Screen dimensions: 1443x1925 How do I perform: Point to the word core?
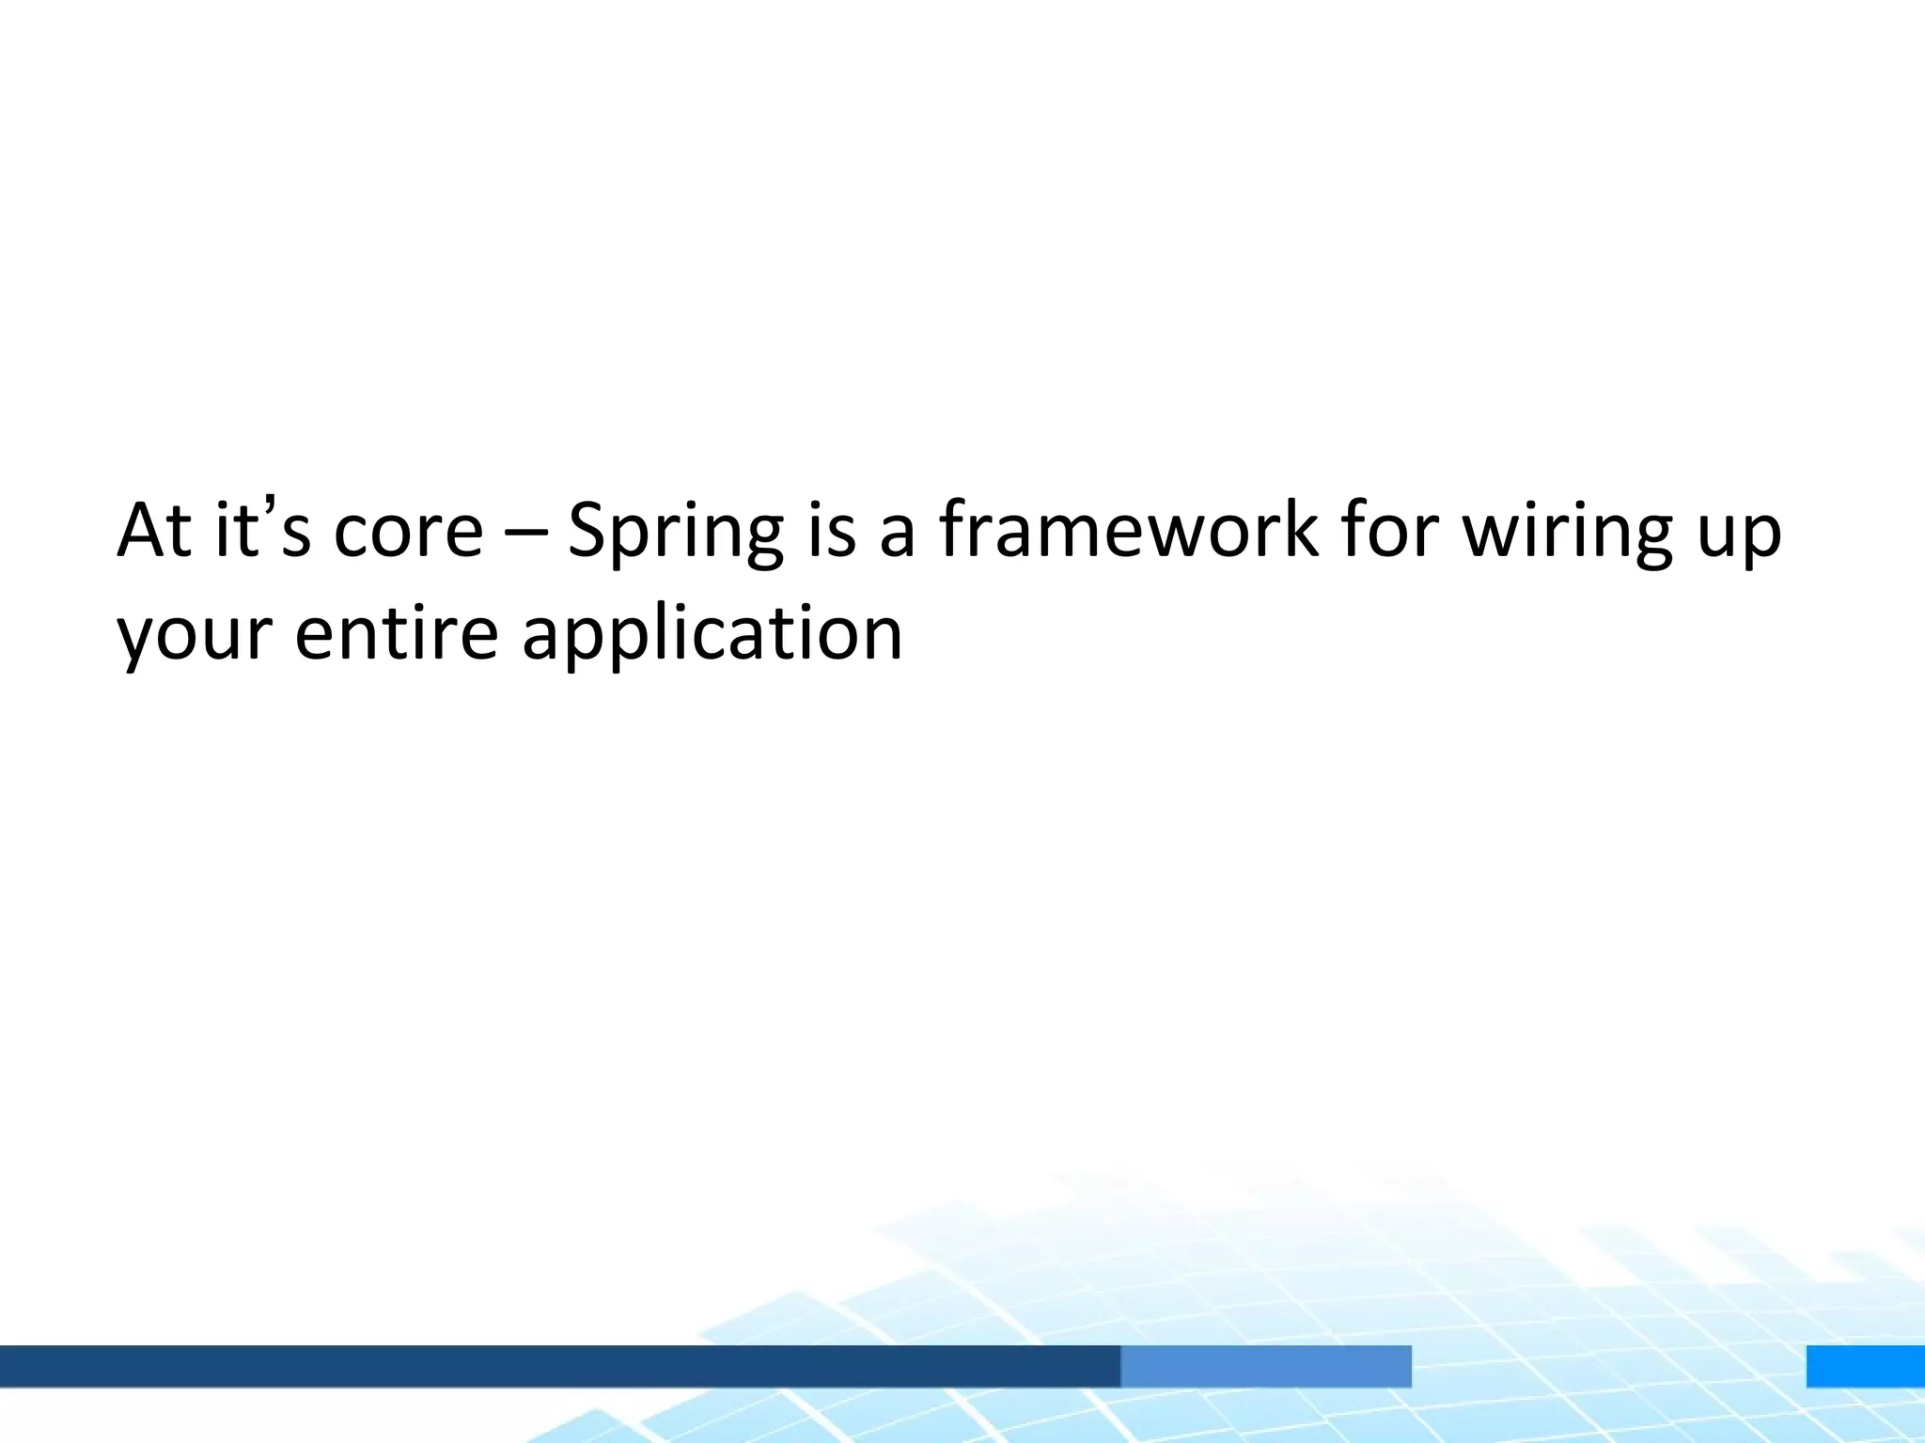click(408, 531)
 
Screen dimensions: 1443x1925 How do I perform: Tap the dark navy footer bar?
click(559, 1366)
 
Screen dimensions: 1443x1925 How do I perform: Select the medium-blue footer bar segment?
click(1265, 1366)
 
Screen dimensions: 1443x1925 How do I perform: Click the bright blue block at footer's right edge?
click(1865, 1366)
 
